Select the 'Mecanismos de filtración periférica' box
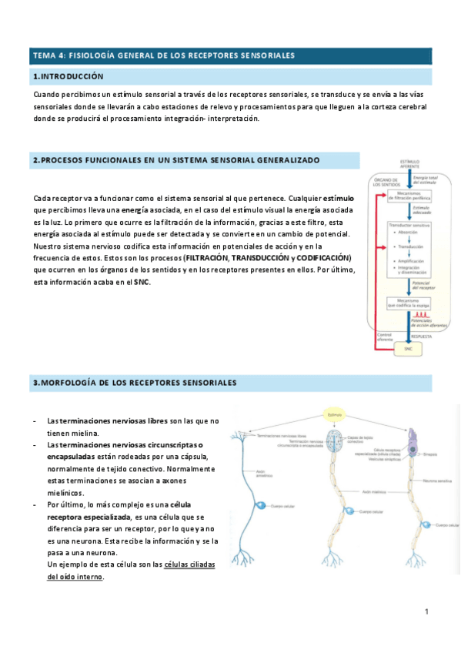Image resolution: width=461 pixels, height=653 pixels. (x=409, y=196)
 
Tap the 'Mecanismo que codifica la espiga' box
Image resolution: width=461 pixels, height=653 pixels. (x=409, y=303)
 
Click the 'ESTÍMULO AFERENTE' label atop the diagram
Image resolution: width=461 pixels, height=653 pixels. (x=409, y=165)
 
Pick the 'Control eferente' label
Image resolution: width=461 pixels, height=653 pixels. (x=385, y=337)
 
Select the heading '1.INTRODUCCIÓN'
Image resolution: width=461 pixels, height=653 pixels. (x=68, y=77)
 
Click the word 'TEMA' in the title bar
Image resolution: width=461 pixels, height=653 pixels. (x=44, y=55)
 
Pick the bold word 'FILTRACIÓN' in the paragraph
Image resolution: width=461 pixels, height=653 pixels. (x=208, y=257)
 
